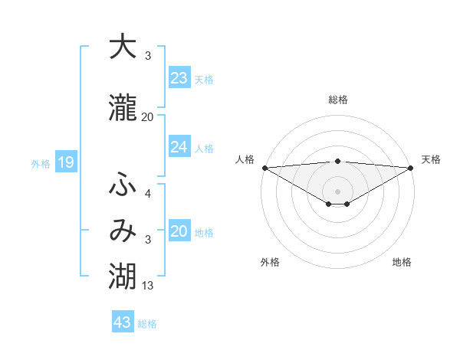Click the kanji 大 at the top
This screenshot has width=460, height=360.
pos(123,47)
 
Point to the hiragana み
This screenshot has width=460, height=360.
pos(123,231)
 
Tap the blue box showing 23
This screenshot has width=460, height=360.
pos(179,78)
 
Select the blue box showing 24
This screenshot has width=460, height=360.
pos(179,146)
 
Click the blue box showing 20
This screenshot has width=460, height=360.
pos(179,232)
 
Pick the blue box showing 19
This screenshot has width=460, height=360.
pos(65,162)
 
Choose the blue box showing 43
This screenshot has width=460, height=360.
pos(123,322)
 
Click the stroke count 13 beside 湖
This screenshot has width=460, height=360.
pos(148,286)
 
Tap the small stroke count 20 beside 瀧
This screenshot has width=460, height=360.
pos(148,117)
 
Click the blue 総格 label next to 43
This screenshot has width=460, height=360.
pos(148,324)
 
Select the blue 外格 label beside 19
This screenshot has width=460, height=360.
pos(41,163)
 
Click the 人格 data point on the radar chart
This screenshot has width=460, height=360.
pos(264,168)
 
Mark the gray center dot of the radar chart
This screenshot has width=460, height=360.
pos(337,190)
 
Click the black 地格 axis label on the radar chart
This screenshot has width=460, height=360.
pos(402,263)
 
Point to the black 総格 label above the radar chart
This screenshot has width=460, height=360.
pos(337,100)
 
